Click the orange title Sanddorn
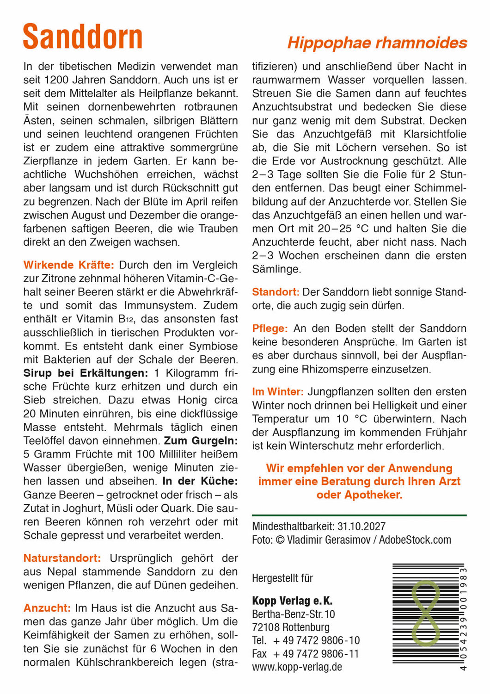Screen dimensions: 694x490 (x=83, y=37)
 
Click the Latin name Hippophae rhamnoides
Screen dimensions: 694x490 (x=377, y=43)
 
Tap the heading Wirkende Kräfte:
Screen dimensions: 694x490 (x=68, y=265)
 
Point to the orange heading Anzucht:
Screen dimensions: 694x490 (x=47, y=608)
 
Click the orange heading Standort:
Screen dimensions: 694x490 (x=276, y=292)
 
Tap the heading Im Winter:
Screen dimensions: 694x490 (x=278, y=392)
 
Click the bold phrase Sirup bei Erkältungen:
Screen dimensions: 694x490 (x=86, y=373)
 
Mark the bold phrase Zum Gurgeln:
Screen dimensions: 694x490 (x=201, y=440)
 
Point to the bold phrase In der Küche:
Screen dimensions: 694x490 (x=200, y=481)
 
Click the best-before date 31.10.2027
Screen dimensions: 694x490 (x=361, y=527)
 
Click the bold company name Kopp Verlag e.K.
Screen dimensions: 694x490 (x=292, y=601)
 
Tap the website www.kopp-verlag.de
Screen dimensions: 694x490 (x=297, y=667)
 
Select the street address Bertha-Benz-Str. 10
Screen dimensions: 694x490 (x=294, y=614)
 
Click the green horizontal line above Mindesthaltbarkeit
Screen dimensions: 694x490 (x=359, y=515)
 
